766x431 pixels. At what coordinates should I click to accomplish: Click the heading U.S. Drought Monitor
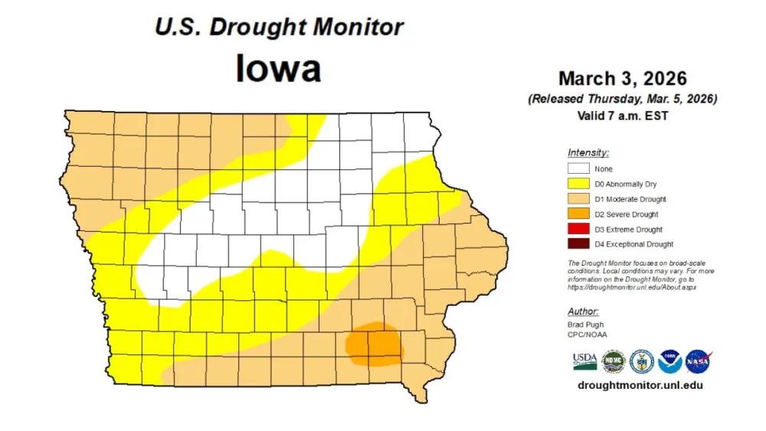[x=279, y=27]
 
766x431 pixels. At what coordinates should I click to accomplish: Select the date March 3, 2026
[x=622, y=79]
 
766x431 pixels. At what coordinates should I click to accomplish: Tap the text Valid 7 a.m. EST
[x=622, y=116]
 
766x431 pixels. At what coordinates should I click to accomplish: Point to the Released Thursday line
[x=622, y=100]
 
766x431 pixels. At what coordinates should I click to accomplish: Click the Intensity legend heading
[x=588, y=152]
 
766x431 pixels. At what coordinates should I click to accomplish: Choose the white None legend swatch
[x=578, y=169]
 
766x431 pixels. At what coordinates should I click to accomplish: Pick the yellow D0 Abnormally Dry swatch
[x=578, y=184]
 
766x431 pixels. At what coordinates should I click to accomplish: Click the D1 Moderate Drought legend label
[x=630, y=200]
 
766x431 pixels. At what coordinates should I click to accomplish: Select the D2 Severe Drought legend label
[x=626, y=214]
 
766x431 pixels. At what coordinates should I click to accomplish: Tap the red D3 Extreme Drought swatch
[x=578, y=230]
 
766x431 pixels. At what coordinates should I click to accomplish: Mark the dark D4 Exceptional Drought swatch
[x=578, y=244]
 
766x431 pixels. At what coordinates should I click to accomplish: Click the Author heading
[x=583, y=312]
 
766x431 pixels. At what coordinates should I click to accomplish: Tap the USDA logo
[x=584, y=361]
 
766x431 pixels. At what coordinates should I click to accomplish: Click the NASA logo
[x=698, y=361]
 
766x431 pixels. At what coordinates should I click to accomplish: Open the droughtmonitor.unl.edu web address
[x=640, y=385]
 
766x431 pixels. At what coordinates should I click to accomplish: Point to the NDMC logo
[x=613, y=361]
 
